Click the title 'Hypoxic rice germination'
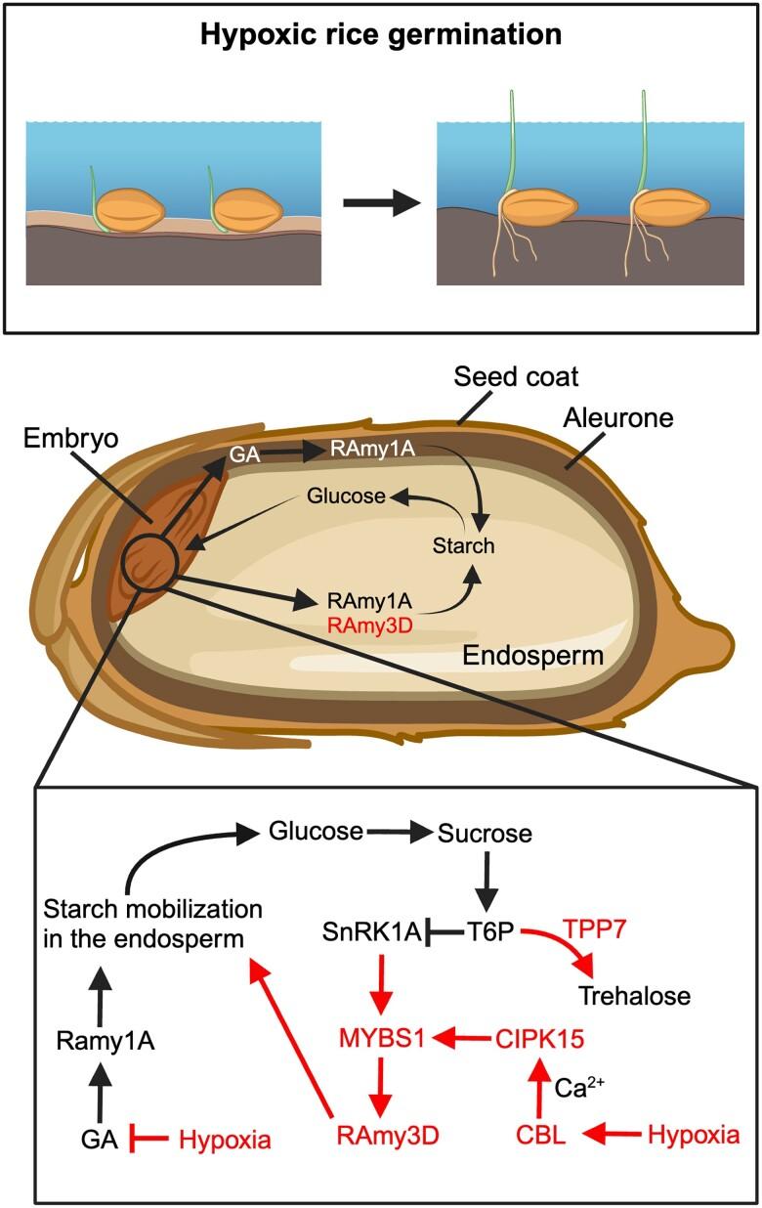(x=380, y=36)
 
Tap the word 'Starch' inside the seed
(x=464, y=545)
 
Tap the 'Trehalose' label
(x=634, y=996)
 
